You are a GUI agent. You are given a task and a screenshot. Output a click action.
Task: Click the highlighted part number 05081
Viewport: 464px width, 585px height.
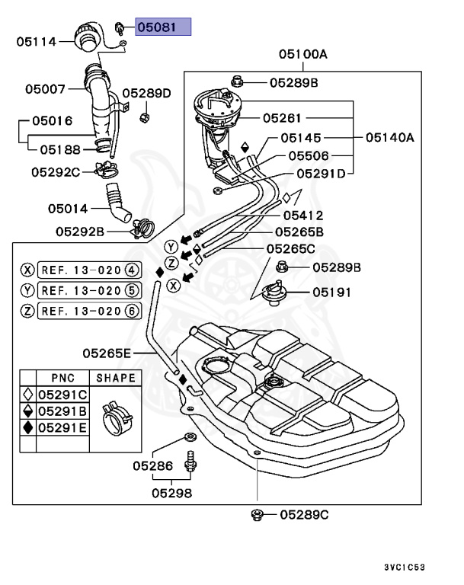[x=157, y=27]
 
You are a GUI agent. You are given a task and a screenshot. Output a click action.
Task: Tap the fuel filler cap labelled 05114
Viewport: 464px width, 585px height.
[x=85, y=37]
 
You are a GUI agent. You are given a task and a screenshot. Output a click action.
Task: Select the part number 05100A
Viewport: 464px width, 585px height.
[x=302, y=55]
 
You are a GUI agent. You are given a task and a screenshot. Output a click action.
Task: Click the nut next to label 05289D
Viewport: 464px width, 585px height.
[x=144, y=117]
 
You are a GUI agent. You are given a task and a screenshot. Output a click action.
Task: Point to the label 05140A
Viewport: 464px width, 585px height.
[x=390, y=138]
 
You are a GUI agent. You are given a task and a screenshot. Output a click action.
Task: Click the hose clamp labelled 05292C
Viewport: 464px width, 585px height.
[x=107, y=170]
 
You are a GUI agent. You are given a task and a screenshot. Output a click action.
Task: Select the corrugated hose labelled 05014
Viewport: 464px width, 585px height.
[x=117, y=202]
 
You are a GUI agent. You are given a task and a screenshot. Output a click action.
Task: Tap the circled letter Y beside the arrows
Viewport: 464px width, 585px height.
[x=171, y=247]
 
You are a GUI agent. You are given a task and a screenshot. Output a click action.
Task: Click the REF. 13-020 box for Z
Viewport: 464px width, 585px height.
[x=90, y=311]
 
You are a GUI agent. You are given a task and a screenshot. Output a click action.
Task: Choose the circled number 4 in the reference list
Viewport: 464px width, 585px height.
[x=132, y=270]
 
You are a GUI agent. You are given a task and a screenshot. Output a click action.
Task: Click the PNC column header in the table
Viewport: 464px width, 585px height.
[x=62, y=378]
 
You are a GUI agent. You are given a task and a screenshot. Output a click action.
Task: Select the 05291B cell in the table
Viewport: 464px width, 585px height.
[x=62, y=411]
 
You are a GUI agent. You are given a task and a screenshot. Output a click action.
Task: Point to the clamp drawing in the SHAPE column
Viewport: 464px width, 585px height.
[x=117, y=418]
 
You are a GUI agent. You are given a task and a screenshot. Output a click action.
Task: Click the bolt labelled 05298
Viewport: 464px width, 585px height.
[x=190, y=462]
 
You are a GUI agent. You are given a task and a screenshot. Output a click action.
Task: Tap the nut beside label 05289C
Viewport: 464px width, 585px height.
[x=257, y=515]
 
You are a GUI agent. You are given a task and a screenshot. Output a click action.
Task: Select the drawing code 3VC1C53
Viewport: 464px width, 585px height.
[x=405, y=567]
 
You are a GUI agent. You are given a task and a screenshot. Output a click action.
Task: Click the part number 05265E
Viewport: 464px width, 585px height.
[x=107, y=353]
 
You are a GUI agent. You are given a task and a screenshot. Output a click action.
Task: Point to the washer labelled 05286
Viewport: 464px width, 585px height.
[x=190, y=436]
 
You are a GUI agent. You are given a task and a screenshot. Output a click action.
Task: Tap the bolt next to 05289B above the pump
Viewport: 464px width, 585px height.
[x=238, y=81]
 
